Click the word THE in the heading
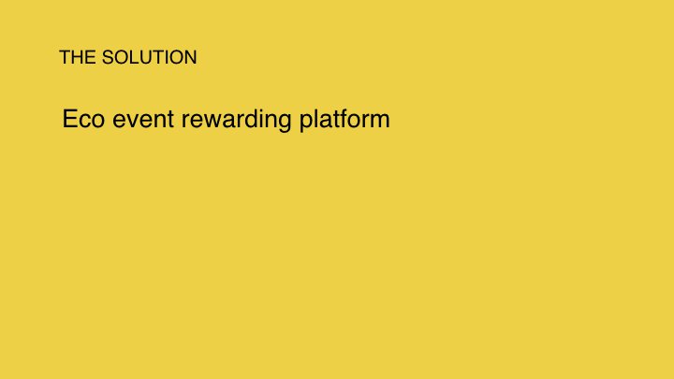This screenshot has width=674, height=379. tap(78, 57)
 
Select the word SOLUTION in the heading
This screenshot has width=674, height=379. tap(150, 57)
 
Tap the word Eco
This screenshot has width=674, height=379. tap(84, 119)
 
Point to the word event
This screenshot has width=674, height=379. tap(143, 120)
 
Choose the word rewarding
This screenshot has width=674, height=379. tap(237, 120)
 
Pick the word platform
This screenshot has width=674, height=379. tap(344, 120)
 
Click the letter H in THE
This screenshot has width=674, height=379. tap(78, 57)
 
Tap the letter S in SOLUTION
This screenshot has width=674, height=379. tap(108, 57)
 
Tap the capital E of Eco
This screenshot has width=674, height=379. tap(69, 119)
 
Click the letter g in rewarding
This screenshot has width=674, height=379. tap(285, 123)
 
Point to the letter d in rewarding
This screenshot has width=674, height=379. tap(253, 119)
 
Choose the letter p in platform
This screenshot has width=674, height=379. tap(306, 123)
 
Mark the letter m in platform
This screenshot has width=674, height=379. tap(379, 121)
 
